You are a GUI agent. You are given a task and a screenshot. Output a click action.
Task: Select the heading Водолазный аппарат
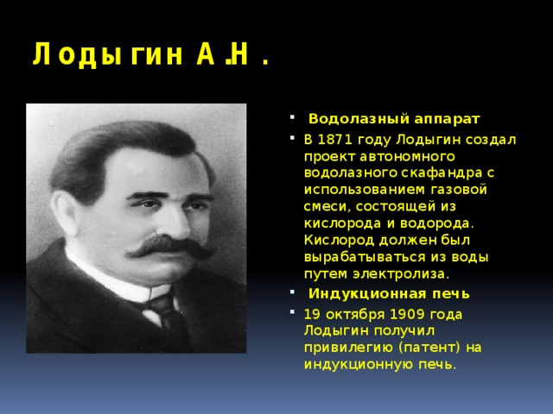394,117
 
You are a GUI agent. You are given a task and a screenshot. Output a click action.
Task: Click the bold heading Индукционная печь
389,294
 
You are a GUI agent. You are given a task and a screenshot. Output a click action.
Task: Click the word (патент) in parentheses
430,347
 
